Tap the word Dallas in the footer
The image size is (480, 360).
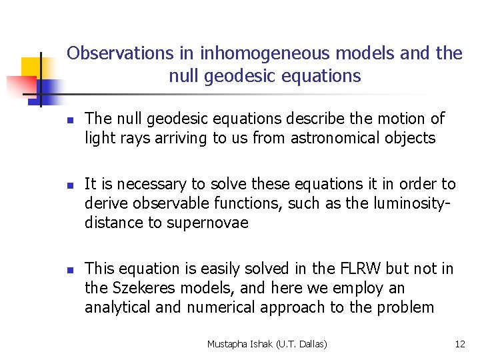click(x=313, y=344)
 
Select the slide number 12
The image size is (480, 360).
click(x=459, y=344)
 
